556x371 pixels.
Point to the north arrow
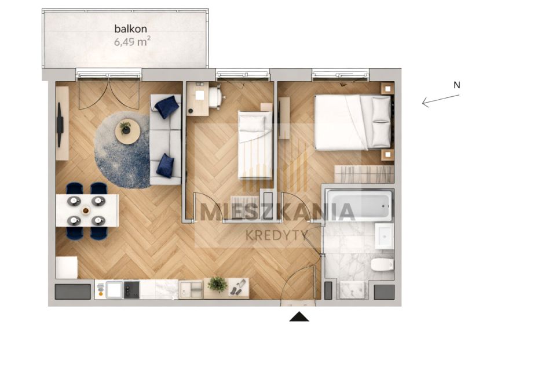[x=440, y=101]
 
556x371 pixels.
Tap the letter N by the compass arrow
[x=457, y=85]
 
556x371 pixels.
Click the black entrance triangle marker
[x=299, y=317]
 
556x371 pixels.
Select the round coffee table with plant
[x=127, y=132]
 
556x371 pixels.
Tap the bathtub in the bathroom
[x=359, y=205]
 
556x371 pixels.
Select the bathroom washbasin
[x=385, y=236]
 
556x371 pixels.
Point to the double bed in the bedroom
[x=353, y=122]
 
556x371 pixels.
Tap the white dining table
[x=87, y=210]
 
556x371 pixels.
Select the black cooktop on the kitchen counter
[x=131, y=290]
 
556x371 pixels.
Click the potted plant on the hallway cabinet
[x=217, y=285]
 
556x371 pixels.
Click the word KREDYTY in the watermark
[x=277, y=235]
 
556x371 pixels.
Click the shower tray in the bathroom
[x=352, y=290]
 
